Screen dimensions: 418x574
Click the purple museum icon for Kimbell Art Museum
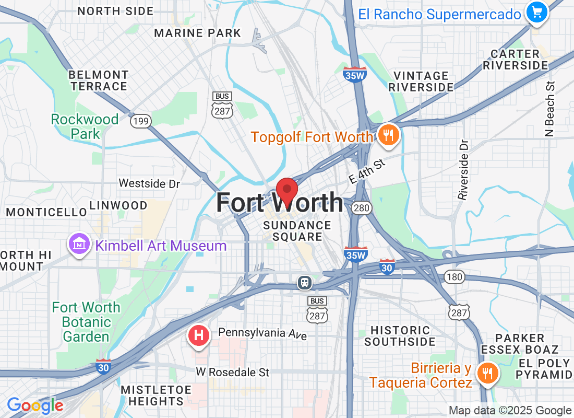[79, 244]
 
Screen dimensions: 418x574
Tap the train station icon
[304, 283]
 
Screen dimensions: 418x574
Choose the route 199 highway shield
[140, 122]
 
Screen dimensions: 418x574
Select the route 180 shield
[454, 276]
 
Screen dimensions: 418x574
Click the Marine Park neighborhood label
[198, 33]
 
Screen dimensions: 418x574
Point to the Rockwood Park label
[85, 126]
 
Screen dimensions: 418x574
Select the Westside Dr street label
[149, 183]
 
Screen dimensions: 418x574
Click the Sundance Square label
[297, 231]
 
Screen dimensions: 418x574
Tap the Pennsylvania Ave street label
[262, 333]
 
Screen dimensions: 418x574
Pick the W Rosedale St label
[233, 372]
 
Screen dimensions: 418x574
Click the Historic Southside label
[400, 336]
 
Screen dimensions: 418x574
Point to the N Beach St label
[549, 109]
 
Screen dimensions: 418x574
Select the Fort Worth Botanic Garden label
[86, 322]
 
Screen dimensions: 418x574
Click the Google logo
[35, 405]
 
